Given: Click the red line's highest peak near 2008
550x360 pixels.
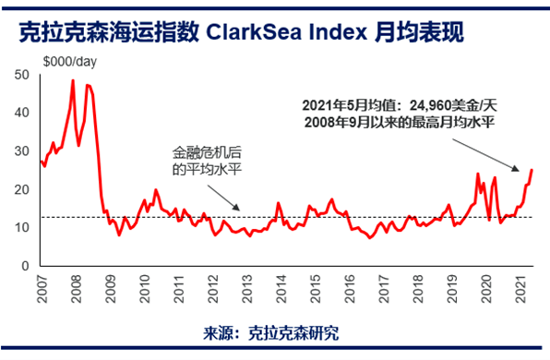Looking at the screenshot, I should [x=73, y=80].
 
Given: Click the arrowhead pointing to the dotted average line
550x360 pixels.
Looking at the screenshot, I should [x=242, y=212].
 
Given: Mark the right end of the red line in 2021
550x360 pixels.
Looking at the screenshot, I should [x=532, y=170].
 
